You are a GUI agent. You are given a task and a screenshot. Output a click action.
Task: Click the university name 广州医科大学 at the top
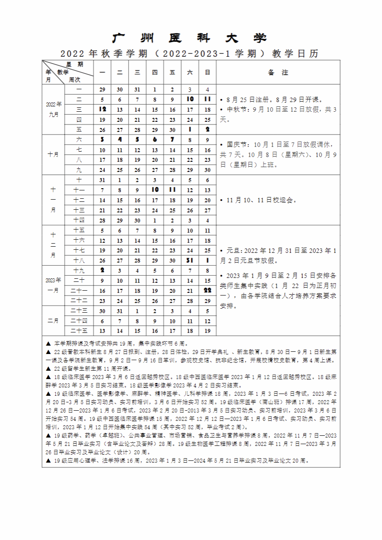(x=190, y=38)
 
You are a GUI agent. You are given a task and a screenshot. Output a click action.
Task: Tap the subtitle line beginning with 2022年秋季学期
(x=190, y=54)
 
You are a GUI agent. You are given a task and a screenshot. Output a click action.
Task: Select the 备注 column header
(x=278, y=73)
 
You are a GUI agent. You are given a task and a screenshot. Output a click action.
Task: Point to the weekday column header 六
(x=190, y=73)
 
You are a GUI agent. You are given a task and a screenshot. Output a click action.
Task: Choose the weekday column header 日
(x=207, y=73)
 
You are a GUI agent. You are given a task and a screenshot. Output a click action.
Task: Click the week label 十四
(x=79, y=220)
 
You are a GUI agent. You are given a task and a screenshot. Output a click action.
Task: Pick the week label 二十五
(x=79, y=331)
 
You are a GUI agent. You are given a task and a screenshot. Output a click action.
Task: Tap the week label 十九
(x=79, y=270)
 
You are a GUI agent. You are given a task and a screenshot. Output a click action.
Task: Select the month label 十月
(x=53, y=155)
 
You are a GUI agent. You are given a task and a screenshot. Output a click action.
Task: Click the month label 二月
(x=53, y=321)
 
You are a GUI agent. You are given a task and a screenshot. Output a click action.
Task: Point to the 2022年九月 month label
(x=53, y=109)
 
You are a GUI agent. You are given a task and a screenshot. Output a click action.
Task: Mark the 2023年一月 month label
(x=53, y=285)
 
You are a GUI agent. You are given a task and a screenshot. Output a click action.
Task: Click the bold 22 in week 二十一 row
(x=207, y=291)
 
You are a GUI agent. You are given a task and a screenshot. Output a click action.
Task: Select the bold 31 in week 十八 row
(x=190, y=260)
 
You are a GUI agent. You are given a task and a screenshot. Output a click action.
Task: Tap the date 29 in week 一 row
(x=102, y=90)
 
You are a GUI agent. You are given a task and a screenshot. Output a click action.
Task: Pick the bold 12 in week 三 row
(x=102, y=109)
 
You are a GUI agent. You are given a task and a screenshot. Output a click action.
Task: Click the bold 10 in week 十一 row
(x=155, y=190)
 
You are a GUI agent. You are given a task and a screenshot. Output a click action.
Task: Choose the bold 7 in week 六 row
(x=173, y=140)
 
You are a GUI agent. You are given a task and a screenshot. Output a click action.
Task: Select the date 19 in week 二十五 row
(x=207, y=331)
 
